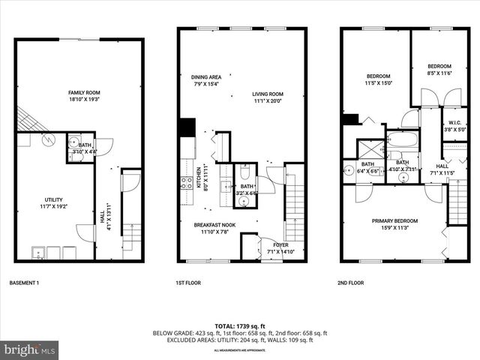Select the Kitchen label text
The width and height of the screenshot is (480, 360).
pyautogui.click(x=198, y=177)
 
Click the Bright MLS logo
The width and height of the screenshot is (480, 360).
pyautogui.click(x=30, y=349)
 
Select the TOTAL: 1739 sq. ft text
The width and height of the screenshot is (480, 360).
pyautogui.click(x=239, y=326)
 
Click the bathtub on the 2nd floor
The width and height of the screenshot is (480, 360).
pyautogui.click(x=403, y=140)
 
